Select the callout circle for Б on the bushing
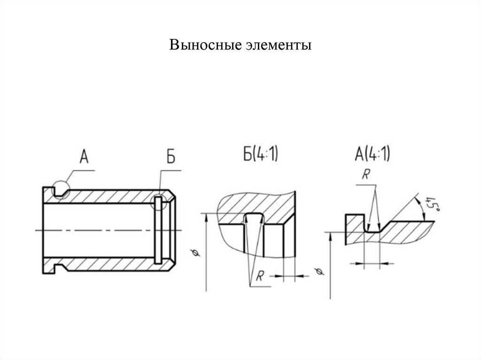point(159,203)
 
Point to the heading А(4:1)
point(372,155)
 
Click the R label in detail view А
point(365,174)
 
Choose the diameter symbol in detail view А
point(319,272)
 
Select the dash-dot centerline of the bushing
point(108,230)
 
